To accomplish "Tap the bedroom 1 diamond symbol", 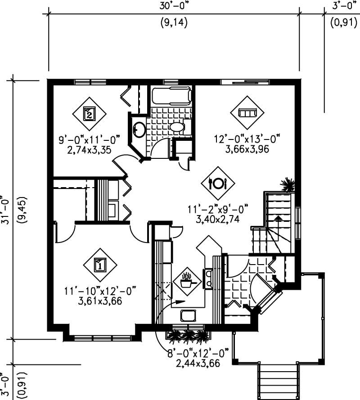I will [99, 264].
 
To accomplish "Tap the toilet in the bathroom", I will [177, 127].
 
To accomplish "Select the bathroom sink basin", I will [139, 130].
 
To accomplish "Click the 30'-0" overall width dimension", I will [173, 6].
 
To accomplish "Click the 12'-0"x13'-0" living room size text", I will [247, 139].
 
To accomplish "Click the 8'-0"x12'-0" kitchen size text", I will [198, 353].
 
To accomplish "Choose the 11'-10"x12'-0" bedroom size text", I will [99, 292].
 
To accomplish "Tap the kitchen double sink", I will [209, 278].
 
